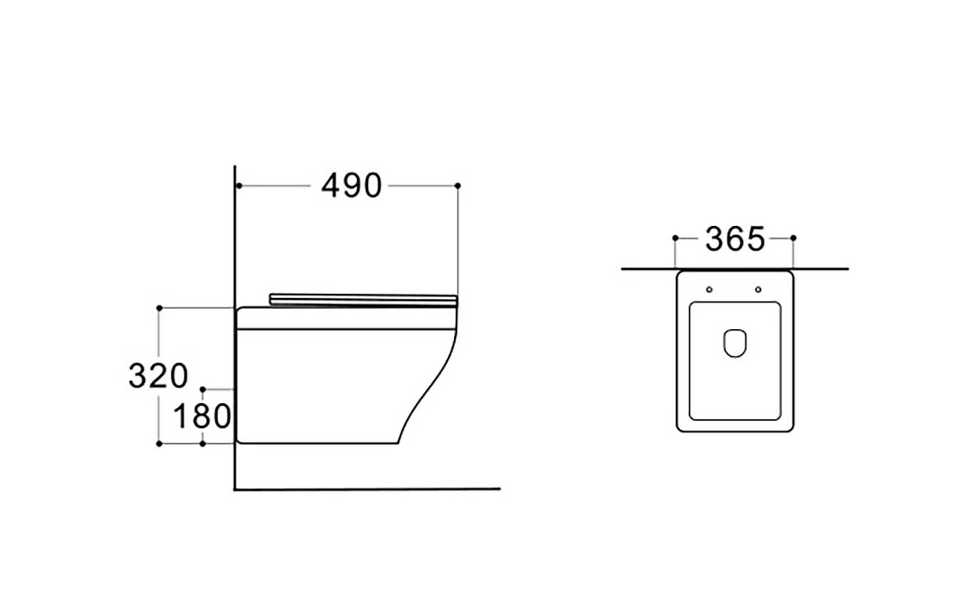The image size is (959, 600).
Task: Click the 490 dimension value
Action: coord(352,186)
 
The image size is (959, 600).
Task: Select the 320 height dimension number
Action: coord(158,376)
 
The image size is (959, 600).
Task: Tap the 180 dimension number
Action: coord(202,416)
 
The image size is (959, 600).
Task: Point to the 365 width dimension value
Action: coord(734,239)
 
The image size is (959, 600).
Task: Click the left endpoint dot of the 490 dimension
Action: coord(239,185)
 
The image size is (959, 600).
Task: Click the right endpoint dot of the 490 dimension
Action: coord(458,185)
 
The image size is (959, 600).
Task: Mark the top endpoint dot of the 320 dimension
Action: coord(159,308)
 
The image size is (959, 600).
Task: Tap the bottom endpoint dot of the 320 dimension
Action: coord(159,444)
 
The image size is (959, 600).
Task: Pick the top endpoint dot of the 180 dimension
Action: coord(203,390)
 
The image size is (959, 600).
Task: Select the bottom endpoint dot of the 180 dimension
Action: coord(203,444)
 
